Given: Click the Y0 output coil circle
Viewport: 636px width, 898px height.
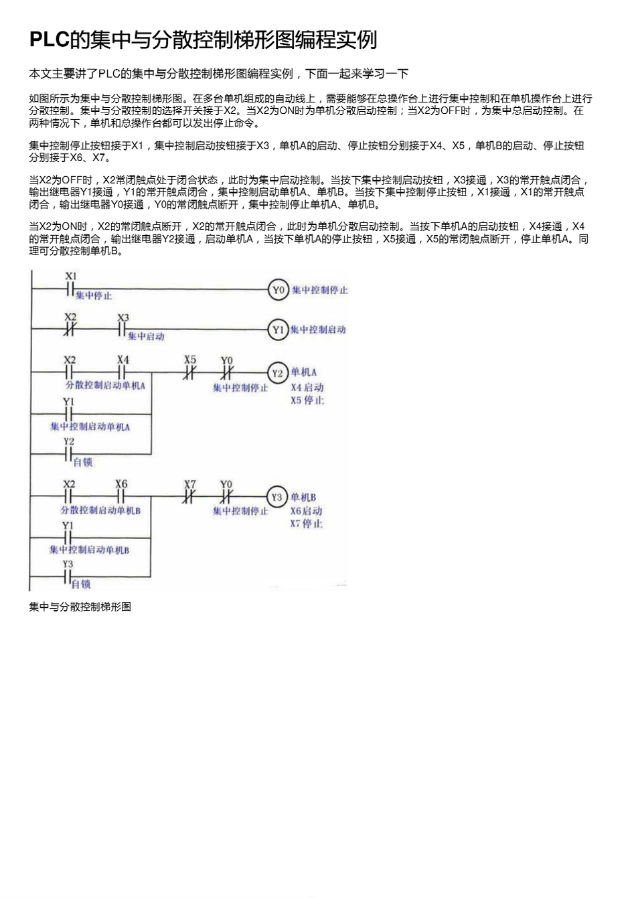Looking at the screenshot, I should pos(278,290).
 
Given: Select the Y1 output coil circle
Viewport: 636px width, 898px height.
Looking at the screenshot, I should pos(277,329).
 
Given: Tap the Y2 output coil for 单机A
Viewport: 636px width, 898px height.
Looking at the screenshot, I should pos(277,373).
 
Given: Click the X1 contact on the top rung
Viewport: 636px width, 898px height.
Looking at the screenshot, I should pos(70,289).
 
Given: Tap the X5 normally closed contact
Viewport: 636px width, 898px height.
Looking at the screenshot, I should pos(190,373).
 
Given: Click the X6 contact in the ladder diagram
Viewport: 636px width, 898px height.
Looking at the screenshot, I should pos(121,497).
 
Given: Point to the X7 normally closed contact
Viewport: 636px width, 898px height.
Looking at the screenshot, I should pos(190,497).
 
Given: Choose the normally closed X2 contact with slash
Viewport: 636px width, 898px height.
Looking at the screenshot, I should pos(70,329).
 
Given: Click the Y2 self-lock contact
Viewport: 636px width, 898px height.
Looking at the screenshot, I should pos(68,454).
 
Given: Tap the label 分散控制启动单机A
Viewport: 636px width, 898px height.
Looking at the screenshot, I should pos(105,386).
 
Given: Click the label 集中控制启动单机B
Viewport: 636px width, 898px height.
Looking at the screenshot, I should pos(89,550).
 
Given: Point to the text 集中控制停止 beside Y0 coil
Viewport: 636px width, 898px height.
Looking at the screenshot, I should pos(320,290).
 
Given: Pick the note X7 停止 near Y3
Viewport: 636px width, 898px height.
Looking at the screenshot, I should pos(307,524).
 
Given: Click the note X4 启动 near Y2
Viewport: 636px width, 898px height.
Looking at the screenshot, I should pos(307,387).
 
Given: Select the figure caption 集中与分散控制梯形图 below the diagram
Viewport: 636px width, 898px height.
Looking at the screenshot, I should pos(80,607).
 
